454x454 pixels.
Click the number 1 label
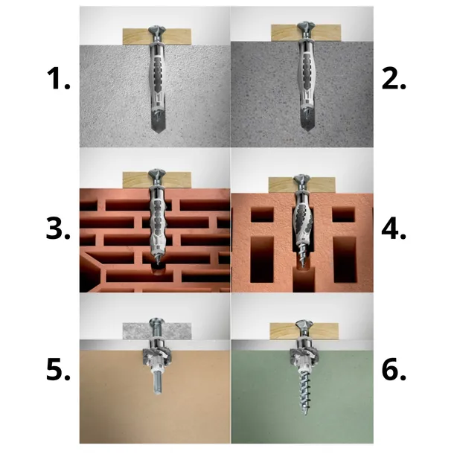(x=59, y=78)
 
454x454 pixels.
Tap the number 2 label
(x=394, y=78)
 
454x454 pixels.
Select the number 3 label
(x=58, y=228)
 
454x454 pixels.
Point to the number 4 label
(x=394, y=229)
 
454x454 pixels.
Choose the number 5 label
(x=58, y=369)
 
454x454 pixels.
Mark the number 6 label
(x=394, y=369)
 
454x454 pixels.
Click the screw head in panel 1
(x=156, y=30)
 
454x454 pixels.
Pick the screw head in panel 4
(x=302, y=179)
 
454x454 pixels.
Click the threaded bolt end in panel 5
(x=158, y=385)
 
